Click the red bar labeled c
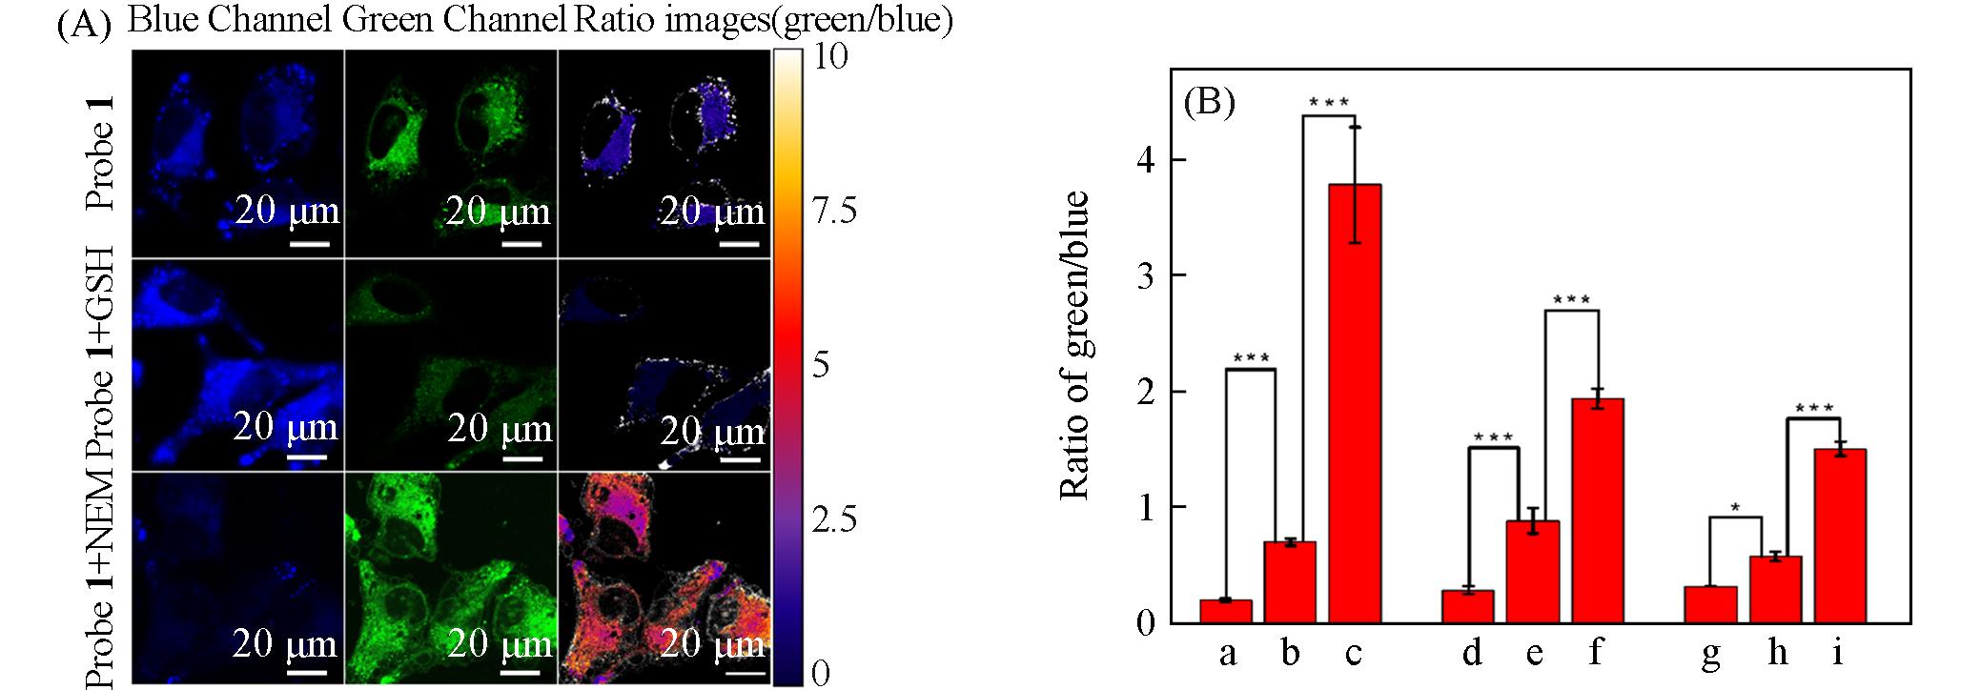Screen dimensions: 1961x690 tap(1354, 403)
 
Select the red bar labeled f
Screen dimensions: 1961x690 tap(1597, 511)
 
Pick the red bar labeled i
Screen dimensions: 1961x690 tap(1839, 536)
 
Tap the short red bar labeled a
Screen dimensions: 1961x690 tap(1226, 611)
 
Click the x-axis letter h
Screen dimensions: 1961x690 tap(1777, 653)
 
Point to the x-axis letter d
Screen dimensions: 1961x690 tap(1472, 653)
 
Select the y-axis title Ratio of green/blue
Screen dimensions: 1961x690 tap(1074, 345)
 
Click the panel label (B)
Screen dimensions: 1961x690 tap(1209, 101)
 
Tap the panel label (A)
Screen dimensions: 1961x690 tap(85, 23)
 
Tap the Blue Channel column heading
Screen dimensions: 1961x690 tap(230, 19)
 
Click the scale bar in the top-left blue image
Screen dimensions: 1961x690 tap(308, 244)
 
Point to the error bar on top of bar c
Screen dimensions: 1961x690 tap(1355, 185)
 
